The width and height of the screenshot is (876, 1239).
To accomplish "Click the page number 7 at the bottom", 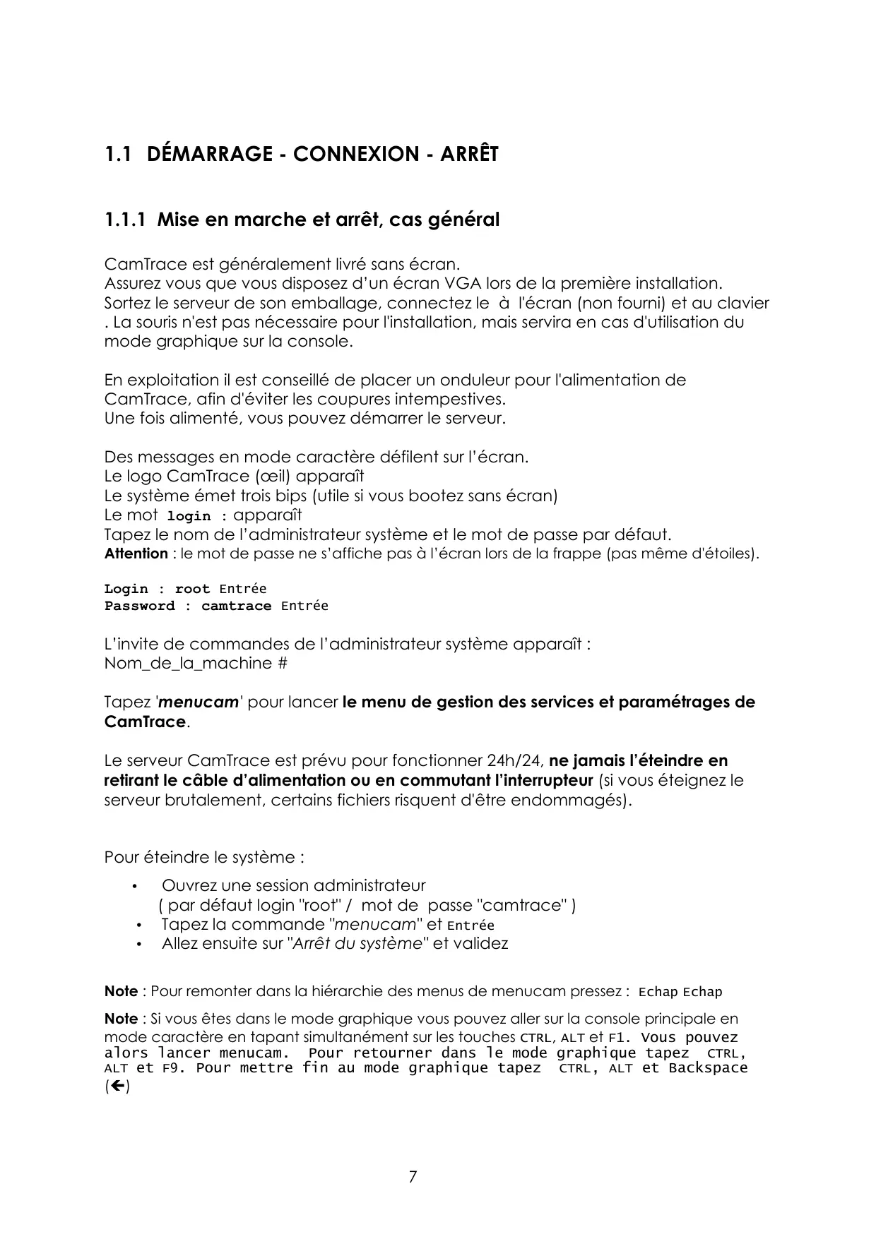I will (x=413, y=1177).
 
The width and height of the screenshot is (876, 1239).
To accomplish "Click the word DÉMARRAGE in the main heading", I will (x=210, y=154).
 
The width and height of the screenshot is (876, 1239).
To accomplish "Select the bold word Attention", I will (x=136, y=553).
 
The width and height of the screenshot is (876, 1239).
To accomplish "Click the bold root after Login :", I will (x=192, y=589).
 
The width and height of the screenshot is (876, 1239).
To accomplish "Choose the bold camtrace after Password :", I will (x=236, y=606).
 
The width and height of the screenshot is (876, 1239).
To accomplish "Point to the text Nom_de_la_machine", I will (x=188, y=664).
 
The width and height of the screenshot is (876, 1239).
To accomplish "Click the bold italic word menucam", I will (x=199, y=702).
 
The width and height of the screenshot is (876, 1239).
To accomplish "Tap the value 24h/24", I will (x=516, y=761).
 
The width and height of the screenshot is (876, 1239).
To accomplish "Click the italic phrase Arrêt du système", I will (x=356, y=944).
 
